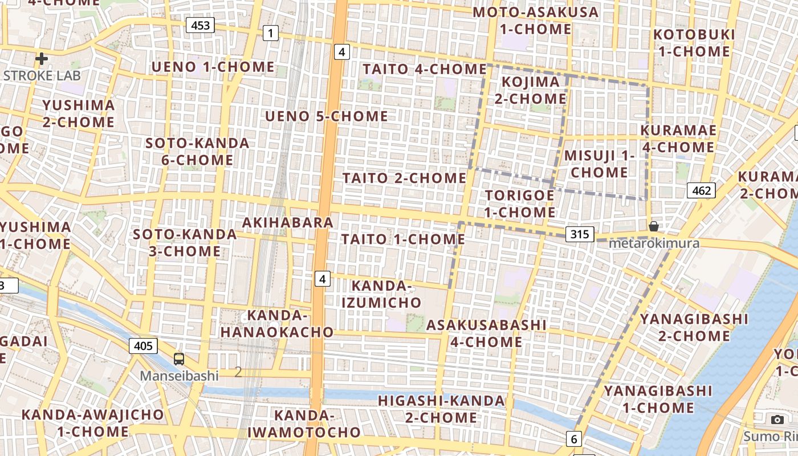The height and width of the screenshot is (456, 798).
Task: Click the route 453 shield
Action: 201,25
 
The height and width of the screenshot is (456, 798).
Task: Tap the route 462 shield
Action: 701,190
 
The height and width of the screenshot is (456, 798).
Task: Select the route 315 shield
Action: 580,234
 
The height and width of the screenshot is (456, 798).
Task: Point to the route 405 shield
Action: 143,345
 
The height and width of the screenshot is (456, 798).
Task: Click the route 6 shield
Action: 573,439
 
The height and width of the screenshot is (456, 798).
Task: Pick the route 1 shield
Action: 271,33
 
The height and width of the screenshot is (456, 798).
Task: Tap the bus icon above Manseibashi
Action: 179,359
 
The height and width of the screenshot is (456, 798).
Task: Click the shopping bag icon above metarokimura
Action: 654,227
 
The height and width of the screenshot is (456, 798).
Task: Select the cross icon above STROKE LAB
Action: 41,58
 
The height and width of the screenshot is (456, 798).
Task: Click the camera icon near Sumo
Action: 777,420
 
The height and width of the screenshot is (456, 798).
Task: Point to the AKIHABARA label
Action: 288,222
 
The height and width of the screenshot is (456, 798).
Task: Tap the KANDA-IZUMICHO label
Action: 381,294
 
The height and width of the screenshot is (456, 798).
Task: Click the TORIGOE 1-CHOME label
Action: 519,203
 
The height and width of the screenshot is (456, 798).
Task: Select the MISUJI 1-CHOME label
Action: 599,164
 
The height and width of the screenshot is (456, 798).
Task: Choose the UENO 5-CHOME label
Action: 327,117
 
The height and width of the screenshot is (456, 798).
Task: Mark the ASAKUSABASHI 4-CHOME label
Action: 486,333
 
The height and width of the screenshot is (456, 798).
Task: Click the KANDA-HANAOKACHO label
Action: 277,323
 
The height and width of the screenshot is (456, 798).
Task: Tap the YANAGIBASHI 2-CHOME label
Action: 694,327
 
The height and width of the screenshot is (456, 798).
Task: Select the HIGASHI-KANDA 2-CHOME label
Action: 442,409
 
